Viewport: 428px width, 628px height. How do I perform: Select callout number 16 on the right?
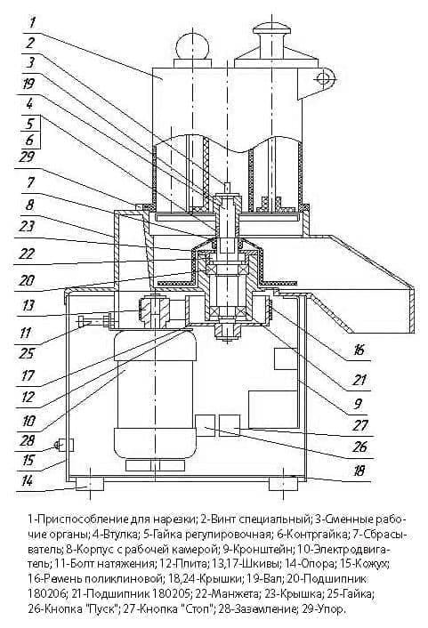(359, 350)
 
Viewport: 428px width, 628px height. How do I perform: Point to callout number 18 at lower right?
(359, 471)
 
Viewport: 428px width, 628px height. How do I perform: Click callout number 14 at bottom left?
(26, 481)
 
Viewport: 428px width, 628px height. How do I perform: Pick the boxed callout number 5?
(30, 124)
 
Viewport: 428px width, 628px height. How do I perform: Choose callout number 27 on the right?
(359, 424)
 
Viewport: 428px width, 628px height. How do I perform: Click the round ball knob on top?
(191, 44)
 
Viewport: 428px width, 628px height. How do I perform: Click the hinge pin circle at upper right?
(324, 77)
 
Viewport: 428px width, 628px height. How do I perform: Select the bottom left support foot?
(90, 485)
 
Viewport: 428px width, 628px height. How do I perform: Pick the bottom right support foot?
(283, 485)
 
